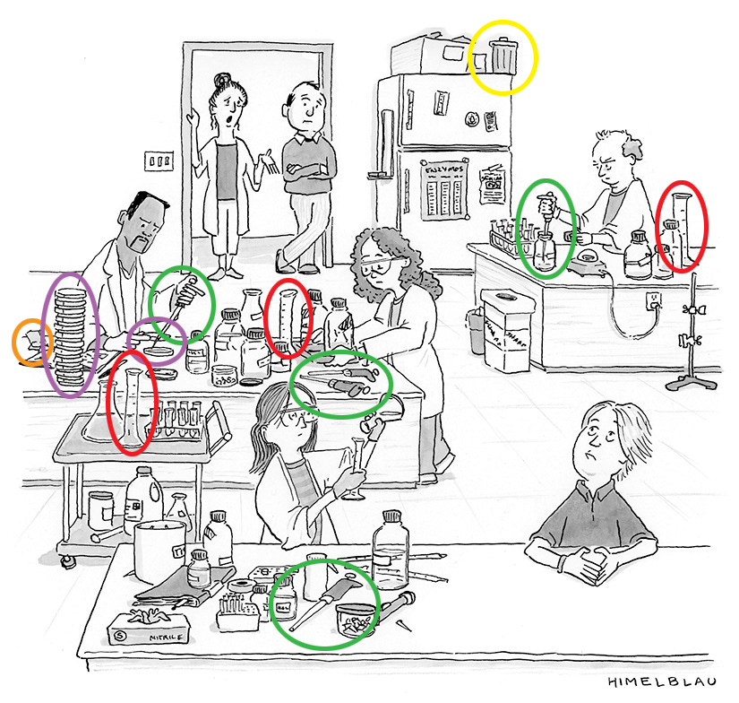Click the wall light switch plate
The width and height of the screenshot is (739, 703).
point(159,161)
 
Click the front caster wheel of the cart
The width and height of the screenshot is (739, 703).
point(66,561)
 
